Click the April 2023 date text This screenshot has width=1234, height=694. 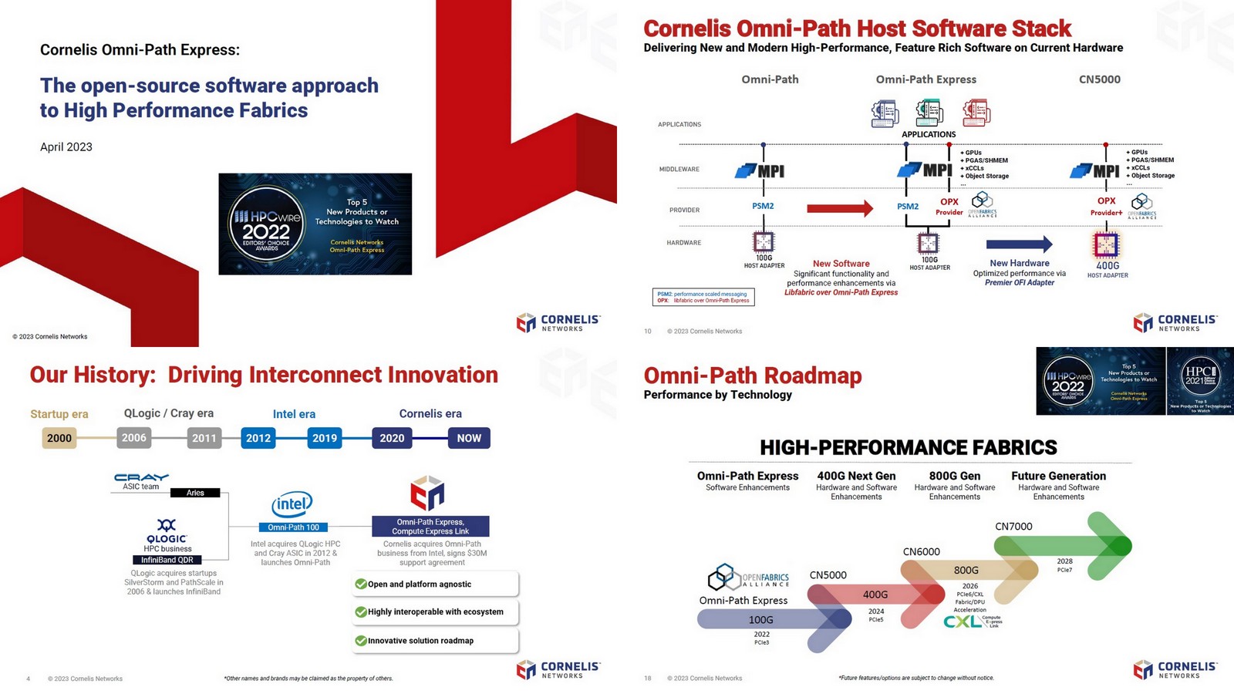66,147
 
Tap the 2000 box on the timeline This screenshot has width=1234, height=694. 59,438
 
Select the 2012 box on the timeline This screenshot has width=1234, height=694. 258,438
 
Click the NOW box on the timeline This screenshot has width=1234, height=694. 469,438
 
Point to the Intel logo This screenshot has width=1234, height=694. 292,505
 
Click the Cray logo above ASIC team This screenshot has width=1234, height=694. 141,477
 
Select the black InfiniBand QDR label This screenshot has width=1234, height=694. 167,560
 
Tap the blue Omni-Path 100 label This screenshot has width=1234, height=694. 293,527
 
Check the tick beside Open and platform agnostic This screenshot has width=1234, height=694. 360,584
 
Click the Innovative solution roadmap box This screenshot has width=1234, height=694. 435,640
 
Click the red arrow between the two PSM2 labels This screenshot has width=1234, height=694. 840,207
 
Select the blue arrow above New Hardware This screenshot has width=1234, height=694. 1019,244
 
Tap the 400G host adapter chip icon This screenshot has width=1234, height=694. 1106,245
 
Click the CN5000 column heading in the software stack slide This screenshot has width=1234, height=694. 1099,79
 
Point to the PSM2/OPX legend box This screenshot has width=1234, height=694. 703,297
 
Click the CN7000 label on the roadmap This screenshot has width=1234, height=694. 1013,527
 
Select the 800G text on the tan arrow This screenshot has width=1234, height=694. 966,570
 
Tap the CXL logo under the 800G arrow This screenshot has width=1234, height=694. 964,621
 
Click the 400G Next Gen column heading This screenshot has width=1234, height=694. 856,476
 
